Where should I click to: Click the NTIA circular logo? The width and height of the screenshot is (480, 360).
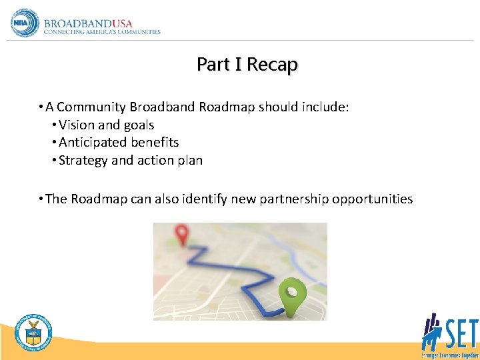[25, 23]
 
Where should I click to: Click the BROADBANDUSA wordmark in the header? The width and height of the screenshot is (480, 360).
[88, 23]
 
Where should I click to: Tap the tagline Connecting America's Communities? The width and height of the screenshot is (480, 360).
[101, 32]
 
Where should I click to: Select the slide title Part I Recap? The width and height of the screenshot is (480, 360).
[247, 65]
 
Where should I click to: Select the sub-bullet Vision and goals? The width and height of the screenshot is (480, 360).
[107, 125]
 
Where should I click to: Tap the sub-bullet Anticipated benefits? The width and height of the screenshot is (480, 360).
[119, 142]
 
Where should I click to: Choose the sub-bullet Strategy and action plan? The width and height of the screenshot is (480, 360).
[131, 160]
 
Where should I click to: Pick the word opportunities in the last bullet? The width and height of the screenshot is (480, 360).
[372, 199]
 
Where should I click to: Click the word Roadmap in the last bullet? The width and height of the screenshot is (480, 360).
[97, 199]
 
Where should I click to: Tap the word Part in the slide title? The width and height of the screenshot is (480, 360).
[211, 65]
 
